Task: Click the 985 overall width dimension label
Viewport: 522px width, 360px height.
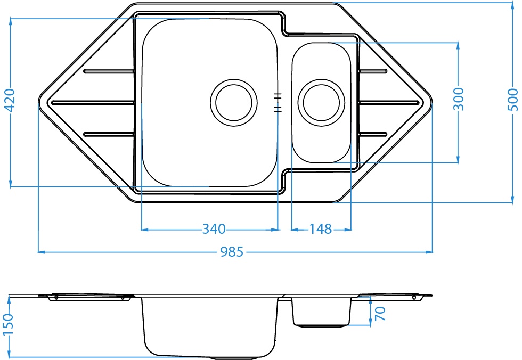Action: (232, 252)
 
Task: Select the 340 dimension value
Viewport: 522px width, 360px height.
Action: (214, 229)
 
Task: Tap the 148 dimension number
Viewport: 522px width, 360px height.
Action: (321, 229)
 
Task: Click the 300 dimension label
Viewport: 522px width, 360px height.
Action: (459, 99)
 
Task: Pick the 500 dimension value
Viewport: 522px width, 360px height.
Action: (513, 100)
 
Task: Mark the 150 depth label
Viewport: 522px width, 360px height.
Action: (7, 324)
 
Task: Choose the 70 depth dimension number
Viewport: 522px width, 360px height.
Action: (380, 314)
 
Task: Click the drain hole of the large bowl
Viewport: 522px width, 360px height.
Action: (234, 102)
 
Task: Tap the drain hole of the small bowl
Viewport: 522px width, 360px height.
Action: (321, 102)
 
